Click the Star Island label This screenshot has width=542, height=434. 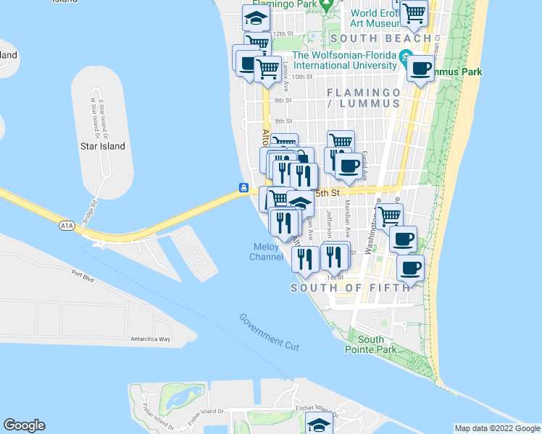click(x=102, y=146)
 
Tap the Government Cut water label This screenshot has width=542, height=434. click(x=269, y=333)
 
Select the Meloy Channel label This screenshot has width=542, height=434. click(x=266, y=252)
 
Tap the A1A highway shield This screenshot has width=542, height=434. click(x=67, y=226)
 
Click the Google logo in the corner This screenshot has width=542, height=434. click(x=24, y=425)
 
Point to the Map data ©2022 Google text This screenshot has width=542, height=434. click(x=497, y=428)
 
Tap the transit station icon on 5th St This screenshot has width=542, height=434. click(x=244, y=188)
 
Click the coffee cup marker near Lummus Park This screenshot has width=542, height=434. click(x=420, y=69)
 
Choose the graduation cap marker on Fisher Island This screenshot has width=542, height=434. click(x=319, y=425)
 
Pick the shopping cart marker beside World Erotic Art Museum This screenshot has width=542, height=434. click(x=414, y=12)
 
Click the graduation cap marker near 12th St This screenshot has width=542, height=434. click(x=256, y=17)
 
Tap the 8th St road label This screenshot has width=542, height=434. click(x=283, y=122)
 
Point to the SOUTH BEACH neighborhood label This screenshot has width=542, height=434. click(x=380, y=38)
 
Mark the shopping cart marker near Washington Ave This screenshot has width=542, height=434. click(x=390, y=214)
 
